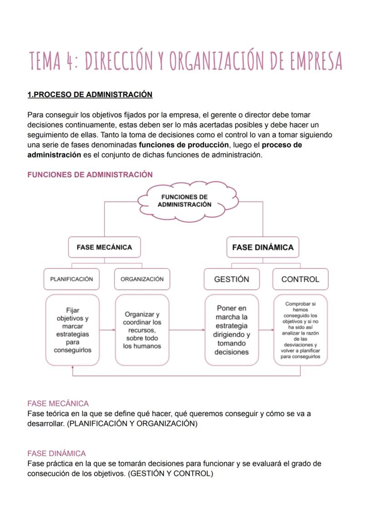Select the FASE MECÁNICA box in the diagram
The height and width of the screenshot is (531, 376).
click(x=104, y=248)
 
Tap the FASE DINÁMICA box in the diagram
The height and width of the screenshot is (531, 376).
click(x=262, y=248)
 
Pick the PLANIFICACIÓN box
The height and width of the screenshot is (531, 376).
click(x=71, y=279)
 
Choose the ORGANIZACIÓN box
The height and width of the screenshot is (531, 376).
click(x=142, y=279)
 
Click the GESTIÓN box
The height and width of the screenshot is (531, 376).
click(x=232, y=279)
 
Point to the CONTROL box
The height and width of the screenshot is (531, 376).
click(x=300, y=279)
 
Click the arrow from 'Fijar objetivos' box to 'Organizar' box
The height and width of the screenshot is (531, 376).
click(x=107, y=330)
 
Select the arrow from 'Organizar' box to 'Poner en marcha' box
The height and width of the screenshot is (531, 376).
click(x=187, y=330)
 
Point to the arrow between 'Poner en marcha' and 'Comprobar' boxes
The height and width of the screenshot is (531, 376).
click(x=266, y=330)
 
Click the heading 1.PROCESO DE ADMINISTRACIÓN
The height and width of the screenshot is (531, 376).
click(x=90, y=94)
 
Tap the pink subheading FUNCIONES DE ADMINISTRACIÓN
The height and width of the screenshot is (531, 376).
click(x=90, y=174)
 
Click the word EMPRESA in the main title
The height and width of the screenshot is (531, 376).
click(x=305, y=61)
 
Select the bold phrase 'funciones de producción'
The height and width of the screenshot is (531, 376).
click(x=183, y=145)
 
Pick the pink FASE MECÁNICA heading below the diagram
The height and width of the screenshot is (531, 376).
click(x=58, y=403)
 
